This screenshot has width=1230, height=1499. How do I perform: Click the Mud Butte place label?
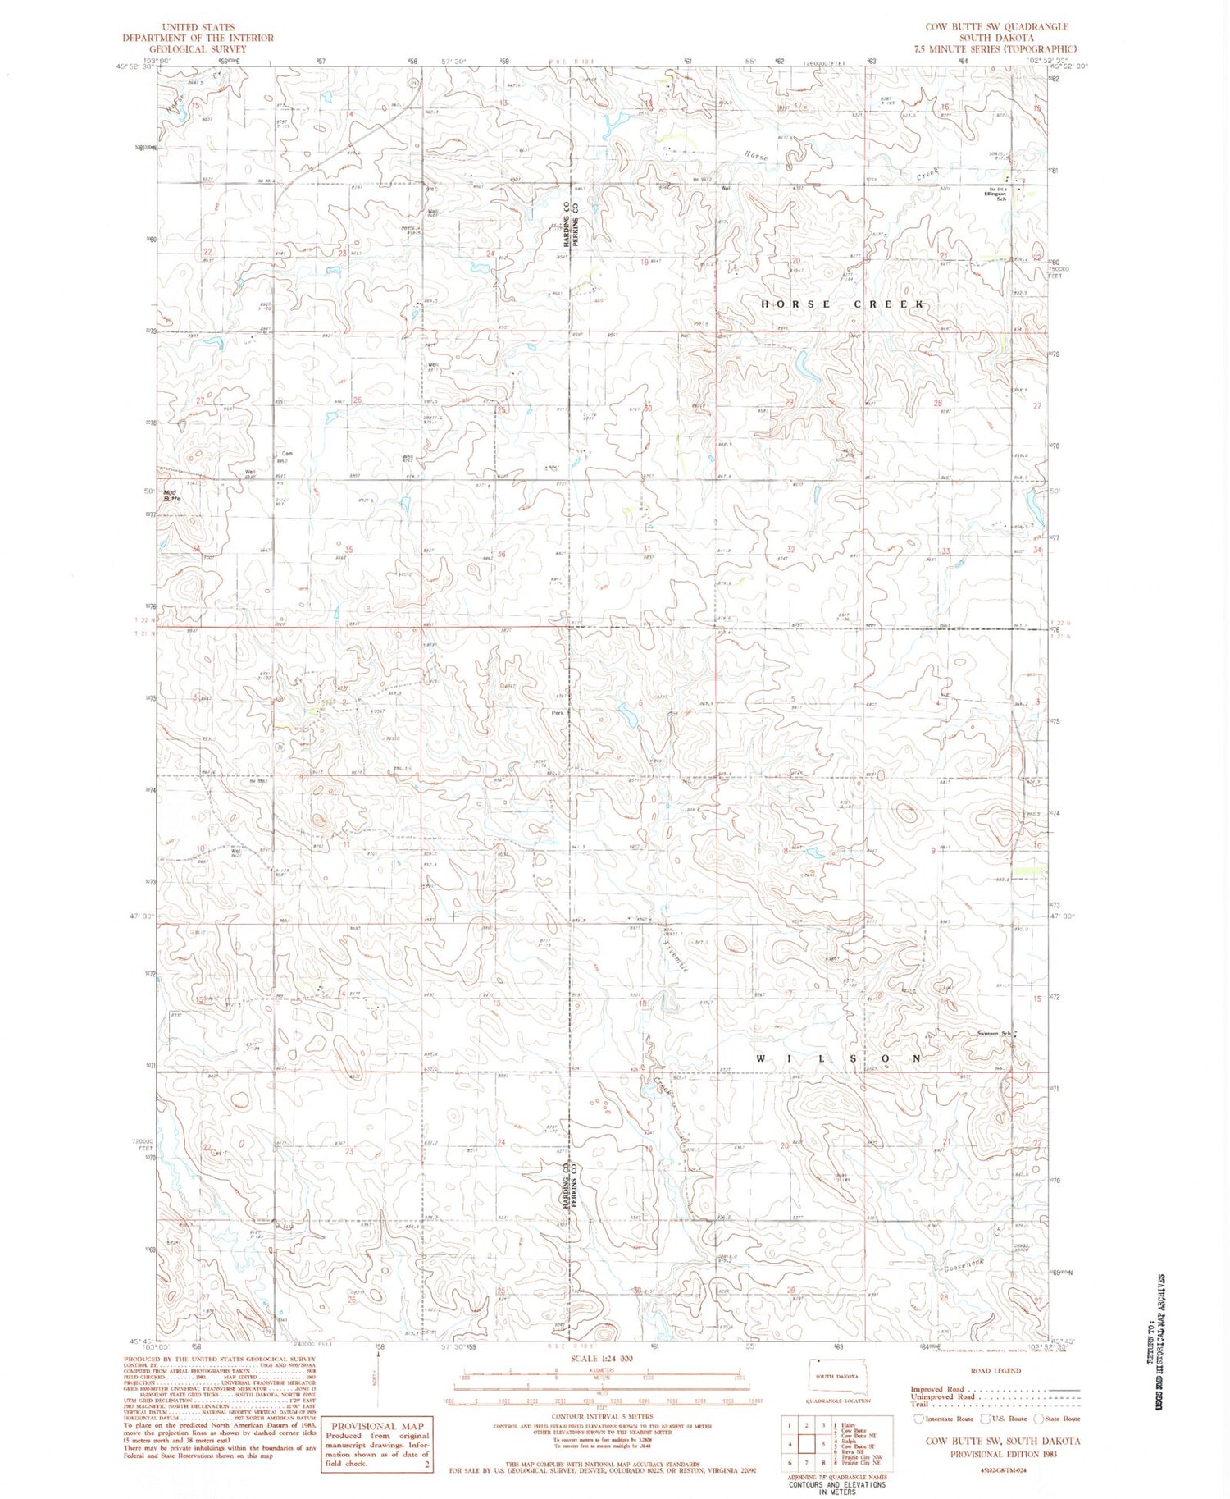tap(171, 496)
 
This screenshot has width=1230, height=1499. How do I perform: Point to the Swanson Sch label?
tap(992, 1033)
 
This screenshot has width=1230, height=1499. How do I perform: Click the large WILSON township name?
tap(838, 1058)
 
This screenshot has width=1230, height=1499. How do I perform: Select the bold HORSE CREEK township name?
tap(843, 304)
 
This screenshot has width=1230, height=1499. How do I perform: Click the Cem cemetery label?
tap(287, 454)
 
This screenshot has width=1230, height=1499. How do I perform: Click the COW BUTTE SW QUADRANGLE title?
tap(995, 27)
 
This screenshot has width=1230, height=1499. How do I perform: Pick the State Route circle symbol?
tap(1039, 1418)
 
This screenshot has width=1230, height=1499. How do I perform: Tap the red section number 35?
tap(348, 551)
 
